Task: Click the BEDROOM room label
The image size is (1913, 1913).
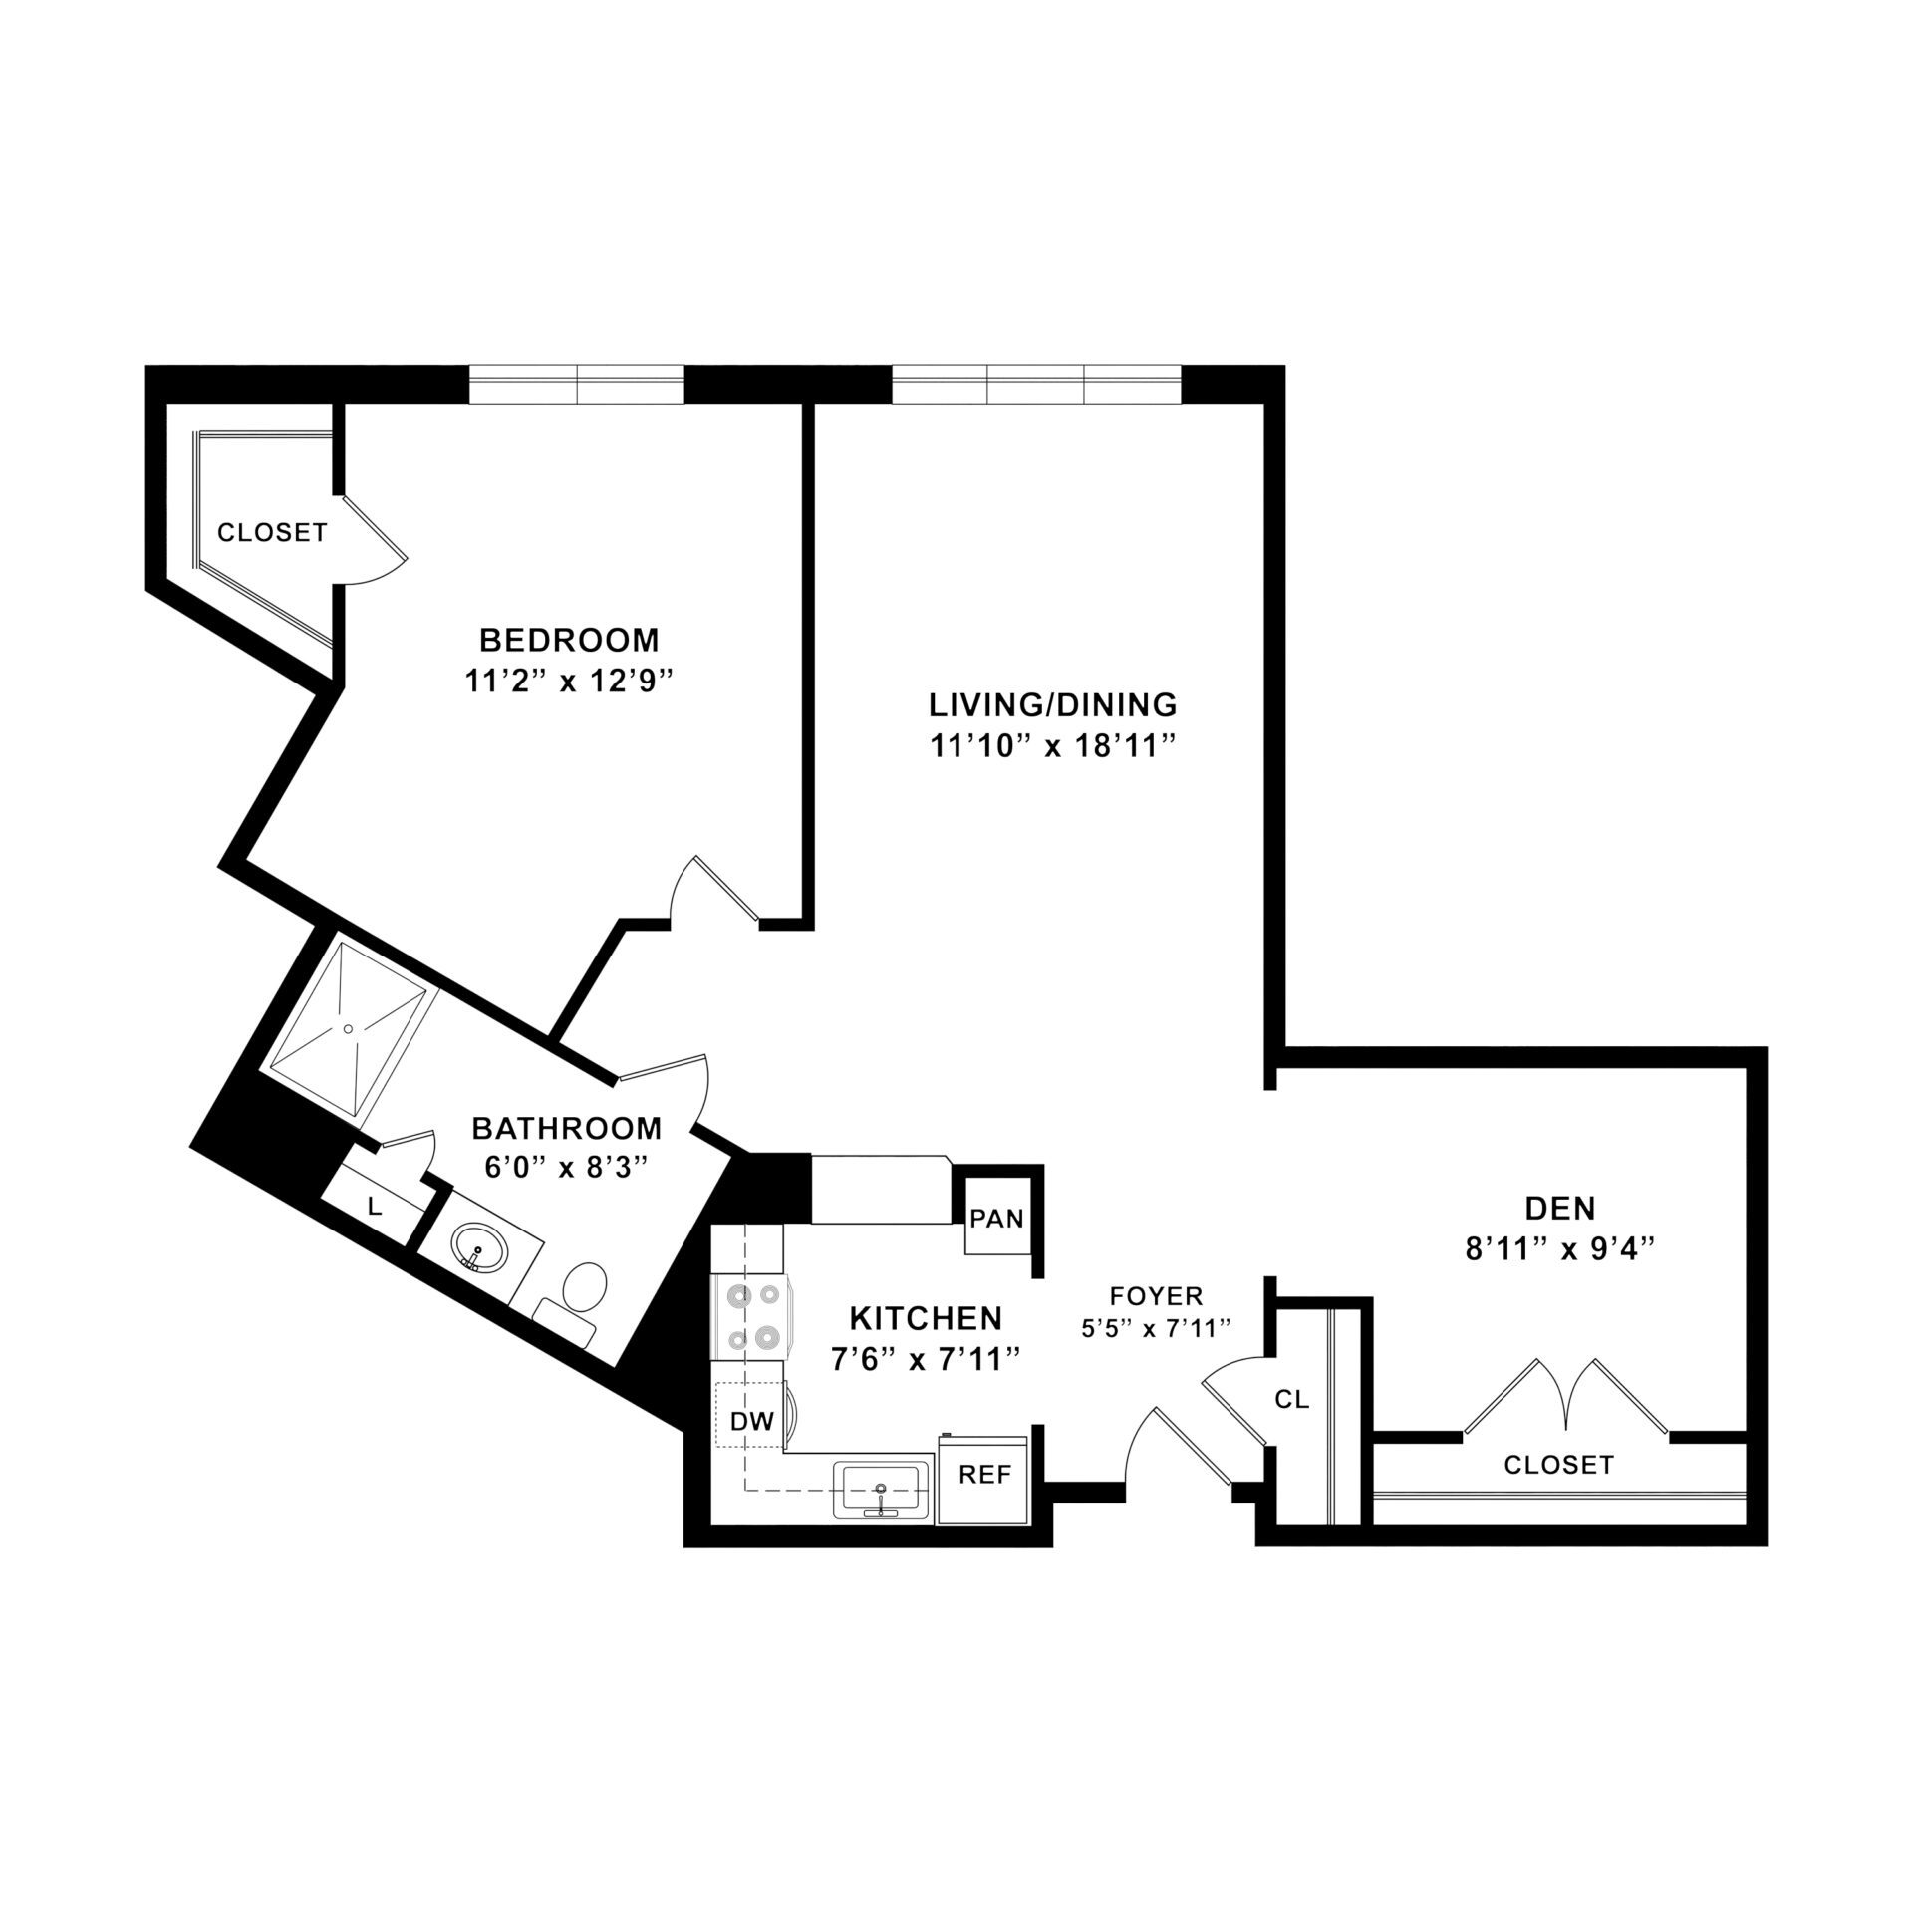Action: pyautogui.click(x=569, y=639)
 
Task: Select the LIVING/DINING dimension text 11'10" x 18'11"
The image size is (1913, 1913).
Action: pyautogui.click(x=1052, y=747)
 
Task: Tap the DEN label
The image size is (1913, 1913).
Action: pyautogui.click(x=1560, y=1209)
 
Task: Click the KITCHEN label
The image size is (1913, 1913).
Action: pyautogui.click(x=925, y=1318)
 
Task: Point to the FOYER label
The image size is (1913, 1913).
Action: pyautogui.click(x=1156, y=1296)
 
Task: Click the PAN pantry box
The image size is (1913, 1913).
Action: pyautogui.click(x=997, y=1220)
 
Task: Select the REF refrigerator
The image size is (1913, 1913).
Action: pyautogui.click(x=984, y=1476)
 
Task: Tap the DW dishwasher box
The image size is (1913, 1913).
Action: pyautogui.click(x=751, y=1423)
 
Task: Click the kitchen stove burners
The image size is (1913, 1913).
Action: pyautogui.click(x=752, y=1317)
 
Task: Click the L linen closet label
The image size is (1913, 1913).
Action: pyautogui.click(x=375, y=1208)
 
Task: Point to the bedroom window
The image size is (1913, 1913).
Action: pyautogui.click(x=576, y=385)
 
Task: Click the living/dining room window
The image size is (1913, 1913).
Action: pyautogui.click(x=1035, y=385)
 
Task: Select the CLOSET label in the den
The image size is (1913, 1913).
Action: pyautogui.click(x=1558, y=1465)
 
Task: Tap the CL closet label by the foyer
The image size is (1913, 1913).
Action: pyautogui.click(x=1291, y=1399)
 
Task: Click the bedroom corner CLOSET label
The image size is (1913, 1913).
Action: pyautogui.click(x=272, y=533)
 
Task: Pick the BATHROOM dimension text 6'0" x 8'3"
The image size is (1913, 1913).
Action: pyautogui.click(x=566, y=1166)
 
